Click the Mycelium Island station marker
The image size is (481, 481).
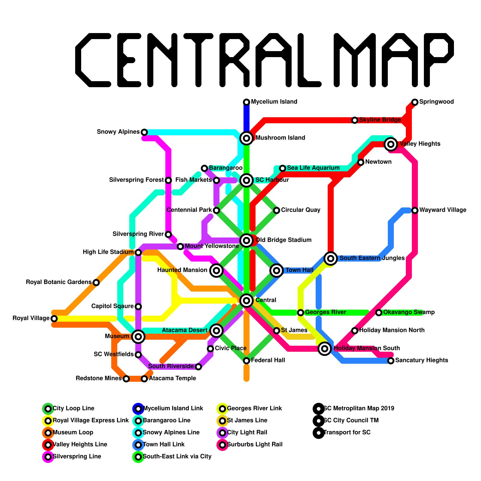click(247, 102)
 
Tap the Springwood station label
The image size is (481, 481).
click(436, 102)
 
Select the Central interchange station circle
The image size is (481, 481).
click(247, 300)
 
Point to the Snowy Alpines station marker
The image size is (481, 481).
click(144, 132)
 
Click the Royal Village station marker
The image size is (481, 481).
click(54, 318)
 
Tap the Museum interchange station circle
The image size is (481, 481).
click(138, 336)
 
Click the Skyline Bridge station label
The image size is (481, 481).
click(380, 120)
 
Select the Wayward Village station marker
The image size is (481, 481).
click(415, 210)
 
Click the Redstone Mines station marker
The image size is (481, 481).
click(126, 378)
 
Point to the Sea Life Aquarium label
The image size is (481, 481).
click(313, 168)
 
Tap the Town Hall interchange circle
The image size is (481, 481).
click(277, 270)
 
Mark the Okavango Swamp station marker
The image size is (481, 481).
click(379, 313)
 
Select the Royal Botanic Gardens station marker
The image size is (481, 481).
click(96, 282)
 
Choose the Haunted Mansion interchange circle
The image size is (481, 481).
click(216, 270)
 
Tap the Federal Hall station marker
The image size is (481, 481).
click(247, 360)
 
